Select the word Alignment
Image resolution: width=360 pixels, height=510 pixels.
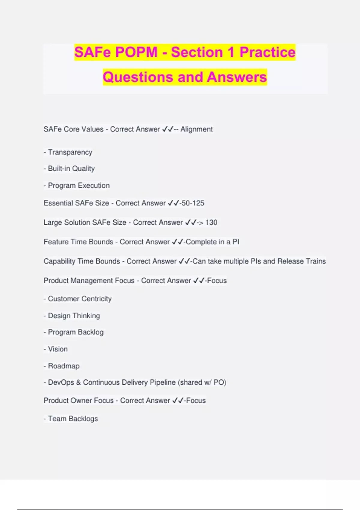[196, 129]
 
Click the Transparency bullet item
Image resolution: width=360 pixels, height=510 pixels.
[70, 152]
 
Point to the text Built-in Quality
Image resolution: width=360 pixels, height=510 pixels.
[71, 169]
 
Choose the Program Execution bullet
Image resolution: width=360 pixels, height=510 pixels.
[79, 186]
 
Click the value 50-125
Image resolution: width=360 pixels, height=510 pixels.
[193, 203]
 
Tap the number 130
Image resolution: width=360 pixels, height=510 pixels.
[211, 223]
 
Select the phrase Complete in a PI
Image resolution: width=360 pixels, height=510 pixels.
[212, 242]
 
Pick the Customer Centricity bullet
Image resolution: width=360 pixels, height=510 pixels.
[79, 299]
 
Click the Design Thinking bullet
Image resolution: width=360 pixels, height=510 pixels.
[74, 316]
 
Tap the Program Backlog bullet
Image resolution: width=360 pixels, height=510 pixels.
[76, 332]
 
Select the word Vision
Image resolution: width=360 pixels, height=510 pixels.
[58, 349]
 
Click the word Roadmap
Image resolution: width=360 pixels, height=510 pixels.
[64, 366]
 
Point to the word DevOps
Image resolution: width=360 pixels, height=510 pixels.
[61, 382]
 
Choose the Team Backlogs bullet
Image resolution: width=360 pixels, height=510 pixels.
[73, 419]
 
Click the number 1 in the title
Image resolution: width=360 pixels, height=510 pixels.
[231, 52]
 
